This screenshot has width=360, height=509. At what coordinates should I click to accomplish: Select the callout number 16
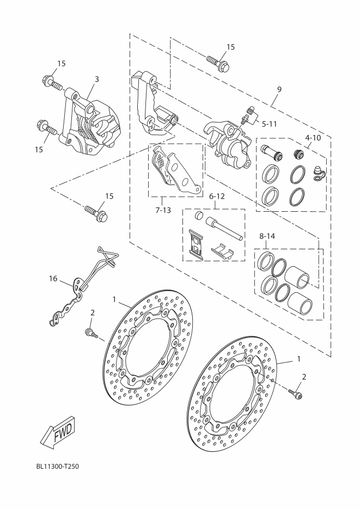[53, 279]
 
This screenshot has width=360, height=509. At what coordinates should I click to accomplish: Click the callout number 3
[96, 79]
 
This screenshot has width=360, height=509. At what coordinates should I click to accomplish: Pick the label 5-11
[269, 124]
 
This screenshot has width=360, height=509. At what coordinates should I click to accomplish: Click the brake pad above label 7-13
[172, 169]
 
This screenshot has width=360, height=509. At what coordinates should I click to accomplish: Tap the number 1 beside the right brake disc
[298, 359]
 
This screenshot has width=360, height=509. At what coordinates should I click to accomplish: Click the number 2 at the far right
[304, 376]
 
